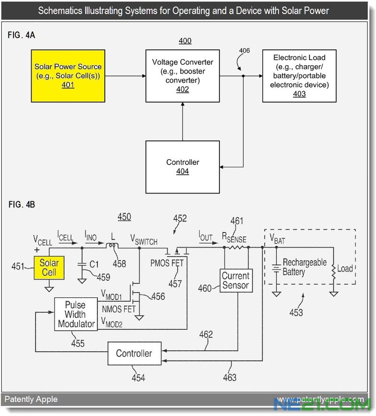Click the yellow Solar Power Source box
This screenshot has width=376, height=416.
click(68, 76)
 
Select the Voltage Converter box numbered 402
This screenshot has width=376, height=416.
click(183, 76)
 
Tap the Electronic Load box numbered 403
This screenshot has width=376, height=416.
click(299, 76)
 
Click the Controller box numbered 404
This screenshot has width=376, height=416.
click(183, 166)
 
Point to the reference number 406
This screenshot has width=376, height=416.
click(244, 51)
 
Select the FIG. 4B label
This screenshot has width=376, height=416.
click(22, 204)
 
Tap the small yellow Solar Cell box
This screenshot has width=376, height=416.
click(49, 267)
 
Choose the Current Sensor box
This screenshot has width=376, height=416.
click(235, 280)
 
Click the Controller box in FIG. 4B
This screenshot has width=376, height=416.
click(134, 354)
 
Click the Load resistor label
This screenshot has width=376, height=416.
click(345, 269)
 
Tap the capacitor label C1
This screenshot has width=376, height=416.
click(94, 264)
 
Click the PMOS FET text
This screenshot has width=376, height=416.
click(167, 264)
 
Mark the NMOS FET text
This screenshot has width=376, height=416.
click(118, 309)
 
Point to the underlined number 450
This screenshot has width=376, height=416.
click(124, 217)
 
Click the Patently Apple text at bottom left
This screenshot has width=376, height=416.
click(31, 399)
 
